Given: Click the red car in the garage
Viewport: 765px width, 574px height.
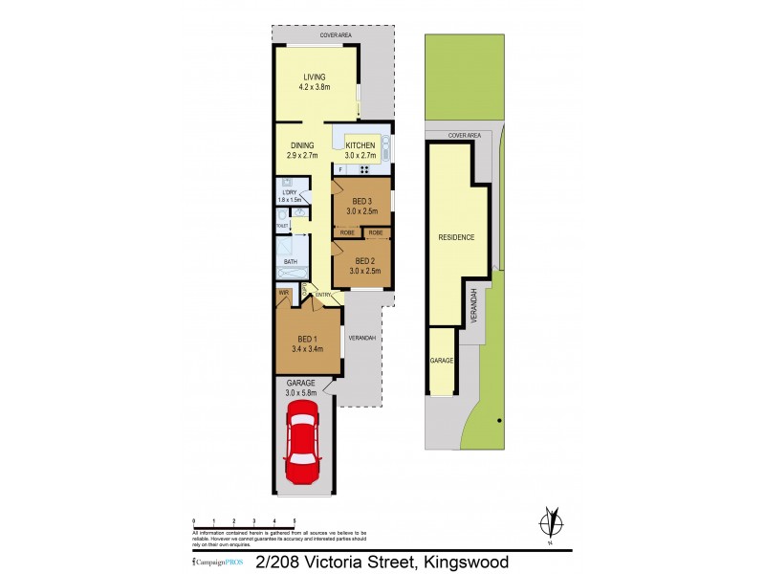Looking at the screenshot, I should (302, 442).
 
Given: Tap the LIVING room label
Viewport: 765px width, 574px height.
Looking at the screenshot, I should (315, 77).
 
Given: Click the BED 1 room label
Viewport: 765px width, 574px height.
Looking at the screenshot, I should (307, 340).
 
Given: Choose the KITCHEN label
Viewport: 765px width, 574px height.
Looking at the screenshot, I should (361, 145).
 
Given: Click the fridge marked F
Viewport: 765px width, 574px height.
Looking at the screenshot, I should (340, 169).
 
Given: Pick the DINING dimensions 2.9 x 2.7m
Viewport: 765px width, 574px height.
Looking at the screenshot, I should (301, 155).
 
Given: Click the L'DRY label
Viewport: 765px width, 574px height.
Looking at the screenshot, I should (289, 192).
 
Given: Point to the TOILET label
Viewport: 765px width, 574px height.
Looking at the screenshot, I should (282, 226).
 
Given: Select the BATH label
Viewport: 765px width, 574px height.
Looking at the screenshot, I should (290, 260).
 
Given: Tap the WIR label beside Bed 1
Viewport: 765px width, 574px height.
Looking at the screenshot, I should (283, 293).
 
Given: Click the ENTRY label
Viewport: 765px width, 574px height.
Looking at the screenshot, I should (323, 296).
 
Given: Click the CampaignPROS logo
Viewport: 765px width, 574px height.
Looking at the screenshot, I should (211, 563).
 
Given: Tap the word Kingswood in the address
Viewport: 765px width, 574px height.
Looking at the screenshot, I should (462, 562).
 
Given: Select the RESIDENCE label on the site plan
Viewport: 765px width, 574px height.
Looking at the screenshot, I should (456, 237).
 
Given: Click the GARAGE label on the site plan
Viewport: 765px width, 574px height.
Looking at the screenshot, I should (441, 361).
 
